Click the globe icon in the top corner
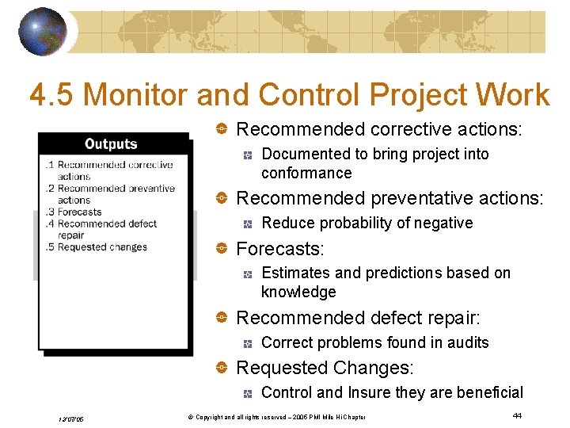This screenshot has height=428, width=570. coord(42,32)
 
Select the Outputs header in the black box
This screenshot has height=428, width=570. coord(111,144)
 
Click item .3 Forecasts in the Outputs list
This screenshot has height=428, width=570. coord(74,212)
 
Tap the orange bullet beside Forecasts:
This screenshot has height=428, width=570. coord(223,249)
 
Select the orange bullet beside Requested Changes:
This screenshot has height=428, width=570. coord(223,368)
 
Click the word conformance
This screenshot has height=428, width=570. coord(306,173)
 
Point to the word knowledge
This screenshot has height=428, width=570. coord(298,292)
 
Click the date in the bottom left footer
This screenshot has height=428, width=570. coord(71,418)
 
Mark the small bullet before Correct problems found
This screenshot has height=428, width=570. coord(248,343)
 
